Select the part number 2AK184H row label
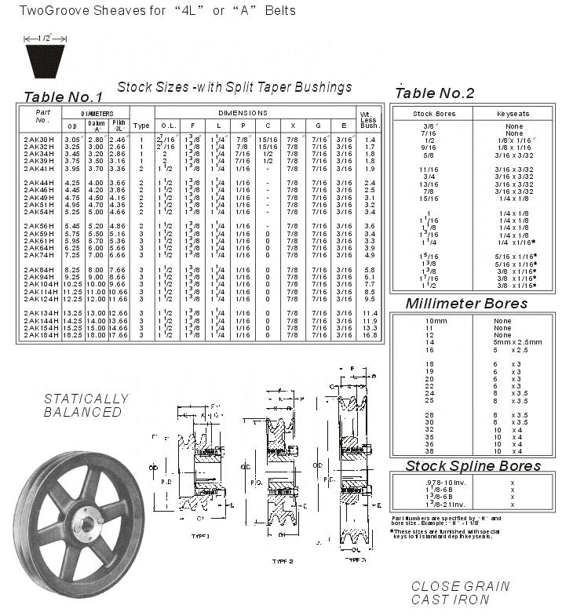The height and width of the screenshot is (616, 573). tap(41, 335)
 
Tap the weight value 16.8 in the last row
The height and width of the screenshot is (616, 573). tap(370, 335)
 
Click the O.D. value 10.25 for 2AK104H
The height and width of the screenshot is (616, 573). tap(72, 284)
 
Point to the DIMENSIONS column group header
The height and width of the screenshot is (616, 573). tap(243, 113)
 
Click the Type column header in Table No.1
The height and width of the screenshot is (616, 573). tap(141, 125)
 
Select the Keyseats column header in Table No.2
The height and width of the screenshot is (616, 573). tap(514, 114)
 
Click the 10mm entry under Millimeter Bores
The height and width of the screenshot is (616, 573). tap(436, 321)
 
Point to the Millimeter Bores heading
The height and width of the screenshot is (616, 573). tap(466, 304)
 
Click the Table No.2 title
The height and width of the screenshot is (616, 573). tap(435, 93)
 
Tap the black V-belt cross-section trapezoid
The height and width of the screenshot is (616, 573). tap(46, 61)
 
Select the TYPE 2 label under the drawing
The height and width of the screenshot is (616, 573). tap(282, 562)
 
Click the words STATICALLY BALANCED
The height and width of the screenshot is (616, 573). tap(83, 405)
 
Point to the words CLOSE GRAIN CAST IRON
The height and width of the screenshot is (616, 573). tap(460, 593)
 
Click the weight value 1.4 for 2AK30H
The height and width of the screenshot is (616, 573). tap(370, 139)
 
